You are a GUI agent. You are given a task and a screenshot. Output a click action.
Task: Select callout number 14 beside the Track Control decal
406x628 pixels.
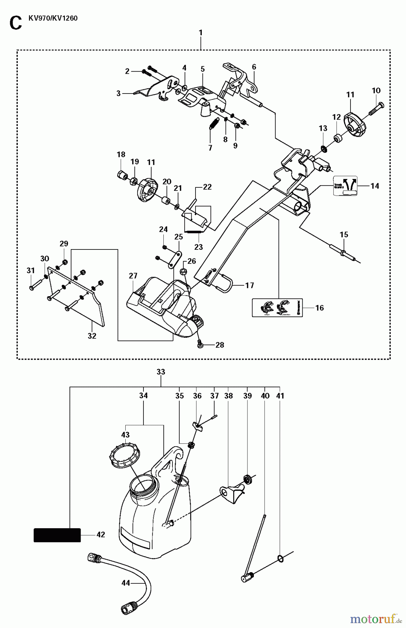pyautogui.click(x=375, y=186)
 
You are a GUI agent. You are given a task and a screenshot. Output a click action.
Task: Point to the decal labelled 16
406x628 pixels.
pyautogui.click(x=277, y=307)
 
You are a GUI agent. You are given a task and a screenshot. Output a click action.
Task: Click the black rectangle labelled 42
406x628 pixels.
pyautogui.click(x=57, y=535)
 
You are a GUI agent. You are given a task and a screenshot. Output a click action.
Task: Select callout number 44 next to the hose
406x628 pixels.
pyautogui.click(x=125, y=583)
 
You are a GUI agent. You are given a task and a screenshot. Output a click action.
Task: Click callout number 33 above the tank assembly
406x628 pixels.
pyautogui.click(x=161, y=372)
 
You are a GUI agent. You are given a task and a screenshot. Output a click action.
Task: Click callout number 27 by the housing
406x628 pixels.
pyautogui.click(x=133, y=276)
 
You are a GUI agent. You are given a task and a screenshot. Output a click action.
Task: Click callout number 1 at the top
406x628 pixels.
pyautogui.click(x=201, y=32)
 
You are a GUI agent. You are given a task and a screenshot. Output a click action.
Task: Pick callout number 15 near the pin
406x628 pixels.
pyautogui.click(x=344, y=234)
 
